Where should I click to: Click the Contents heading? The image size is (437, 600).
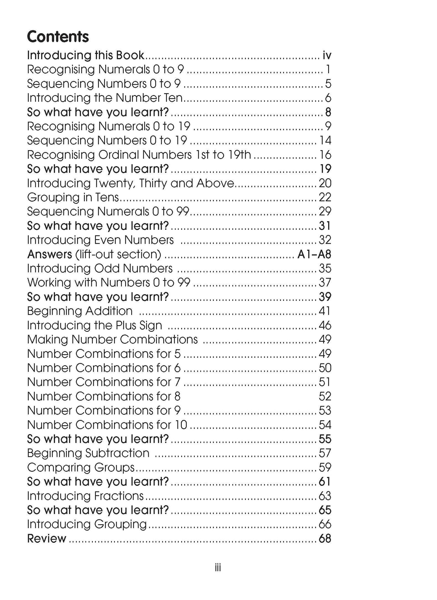tap(58, 37)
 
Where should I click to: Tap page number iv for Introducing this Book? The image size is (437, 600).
tap(327, 55)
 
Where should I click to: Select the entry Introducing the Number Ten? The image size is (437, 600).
tap(105, 98)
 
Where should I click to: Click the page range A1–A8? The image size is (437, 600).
tap(314, 254)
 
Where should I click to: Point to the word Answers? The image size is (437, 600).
tap(50, 254)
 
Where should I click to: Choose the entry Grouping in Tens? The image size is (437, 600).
tap(73, 197)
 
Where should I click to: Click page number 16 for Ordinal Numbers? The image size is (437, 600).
tap(325, 155)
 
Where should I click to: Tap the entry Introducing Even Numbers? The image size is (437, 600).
tap(100, 240)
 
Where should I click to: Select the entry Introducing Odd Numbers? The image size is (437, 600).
tap(100, 269)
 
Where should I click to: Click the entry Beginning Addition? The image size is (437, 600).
tap(80, 311)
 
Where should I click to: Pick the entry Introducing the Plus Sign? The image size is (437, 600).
tap(94, 325)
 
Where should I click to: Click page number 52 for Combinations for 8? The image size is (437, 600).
tap(325, 397)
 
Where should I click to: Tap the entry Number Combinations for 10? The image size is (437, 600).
tap(107, 425)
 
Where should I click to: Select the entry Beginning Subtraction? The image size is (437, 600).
tap(88, 453)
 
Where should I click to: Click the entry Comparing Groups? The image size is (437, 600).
tap(81, 467)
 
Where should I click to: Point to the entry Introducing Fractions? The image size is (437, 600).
tap(85, 496)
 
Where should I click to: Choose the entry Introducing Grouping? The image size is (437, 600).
tap(87, 524)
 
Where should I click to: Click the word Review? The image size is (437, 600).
tap(47, 539)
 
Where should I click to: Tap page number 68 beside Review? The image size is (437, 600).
tap(325, 539)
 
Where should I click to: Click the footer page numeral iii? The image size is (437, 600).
tap(218, 568)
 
